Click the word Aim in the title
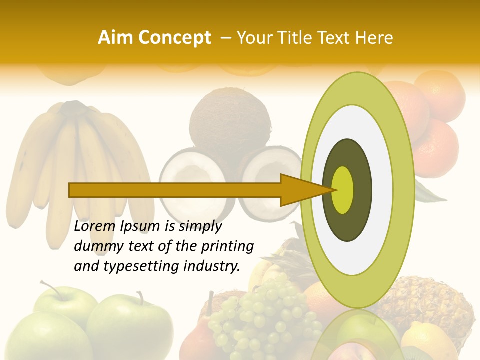click(x=115, y=38)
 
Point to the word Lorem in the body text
click(x=95, y=227)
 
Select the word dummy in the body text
click(x=95, y=246)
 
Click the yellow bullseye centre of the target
click(x=343, y=190)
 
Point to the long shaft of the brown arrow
click(x=175, y=190)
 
